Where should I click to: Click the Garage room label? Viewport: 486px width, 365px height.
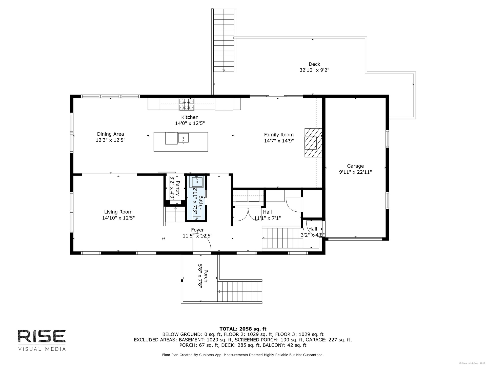[x=355, y=166]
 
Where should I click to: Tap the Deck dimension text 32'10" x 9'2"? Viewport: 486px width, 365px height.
[x=314, y=70]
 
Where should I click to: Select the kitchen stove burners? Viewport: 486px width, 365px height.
[x=187, y=104]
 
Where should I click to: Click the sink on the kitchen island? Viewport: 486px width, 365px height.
[x=183, y=138]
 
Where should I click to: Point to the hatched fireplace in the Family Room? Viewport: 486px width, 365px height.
[x=313, y=142]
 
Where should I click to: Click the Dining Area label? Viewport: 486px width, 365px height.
[x=111, y=134]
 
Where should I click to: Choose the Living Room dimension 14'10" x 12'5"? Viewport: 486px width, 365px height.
[x=118, y=218]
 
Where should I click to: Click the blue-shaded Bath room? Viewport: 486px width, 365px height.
[x=197, y=197]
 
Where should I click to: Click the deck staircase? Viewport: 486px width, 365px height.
[x=224, y=40]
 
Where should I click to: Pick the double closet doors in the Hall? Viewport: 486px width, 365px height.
[x=248, y=214]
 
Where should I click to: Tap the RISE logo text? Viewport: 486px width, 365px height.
[x=42, y=336]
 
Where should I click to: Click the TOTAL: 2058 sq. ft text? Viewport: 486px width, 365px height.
[x=243, y=329]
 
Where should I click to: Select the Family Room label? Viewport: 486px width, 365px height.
[x=279, y=135]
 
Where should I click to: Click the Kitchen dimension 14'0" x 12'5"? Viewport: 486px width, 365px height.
[x=190, y=123]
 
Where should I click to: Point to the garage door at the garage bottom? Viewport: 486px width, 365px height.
[x=355, y=239]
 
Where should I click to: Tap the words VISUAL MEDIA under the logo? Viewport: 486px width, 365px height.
[x=42, y=349]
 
